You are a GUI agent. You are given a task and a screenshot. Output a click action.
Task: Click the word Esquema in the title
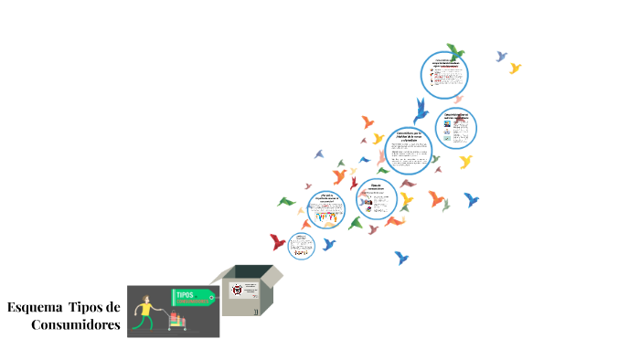[x=34, y=307]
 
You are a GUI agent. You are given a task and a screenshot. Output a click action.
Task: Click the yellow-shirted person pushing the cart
[x=145, y=311]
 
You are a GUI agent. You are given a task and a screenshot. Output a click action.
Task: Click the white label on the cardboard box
[x=239, y=291]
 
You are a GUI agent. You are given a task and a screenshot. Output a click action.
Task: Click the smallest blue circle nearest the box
[x=302, y=244]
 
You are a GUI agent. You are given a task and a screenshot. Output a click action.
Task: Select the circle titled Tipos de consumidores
[x=376, y=199]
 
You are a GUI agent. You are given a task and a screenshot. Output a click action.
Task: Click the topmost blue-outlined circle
[x=444, y=74]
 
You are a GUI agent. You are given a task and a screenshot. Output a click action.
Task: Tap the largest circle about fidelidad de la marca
[x=408, y=151]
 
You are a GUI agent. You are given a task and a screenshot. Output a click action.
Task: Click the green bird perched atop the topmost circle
[x=454, y=51]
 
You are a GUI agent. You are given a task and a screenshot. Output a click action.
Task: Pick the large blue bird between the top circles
[x=421, y=111]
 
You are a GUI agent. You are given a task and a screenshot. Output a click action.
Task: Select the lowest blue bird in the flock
[x=400, y=258]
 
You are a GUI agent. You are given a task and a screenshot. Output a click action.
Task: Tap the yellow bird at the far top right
[x=515, y=68]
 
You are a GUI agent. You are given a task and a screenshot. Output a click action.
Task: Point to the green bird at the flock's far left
[x=286, y=201]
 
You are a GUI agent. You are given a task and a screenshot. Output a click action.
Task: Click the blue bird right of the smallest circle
[x=329, y=244]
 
